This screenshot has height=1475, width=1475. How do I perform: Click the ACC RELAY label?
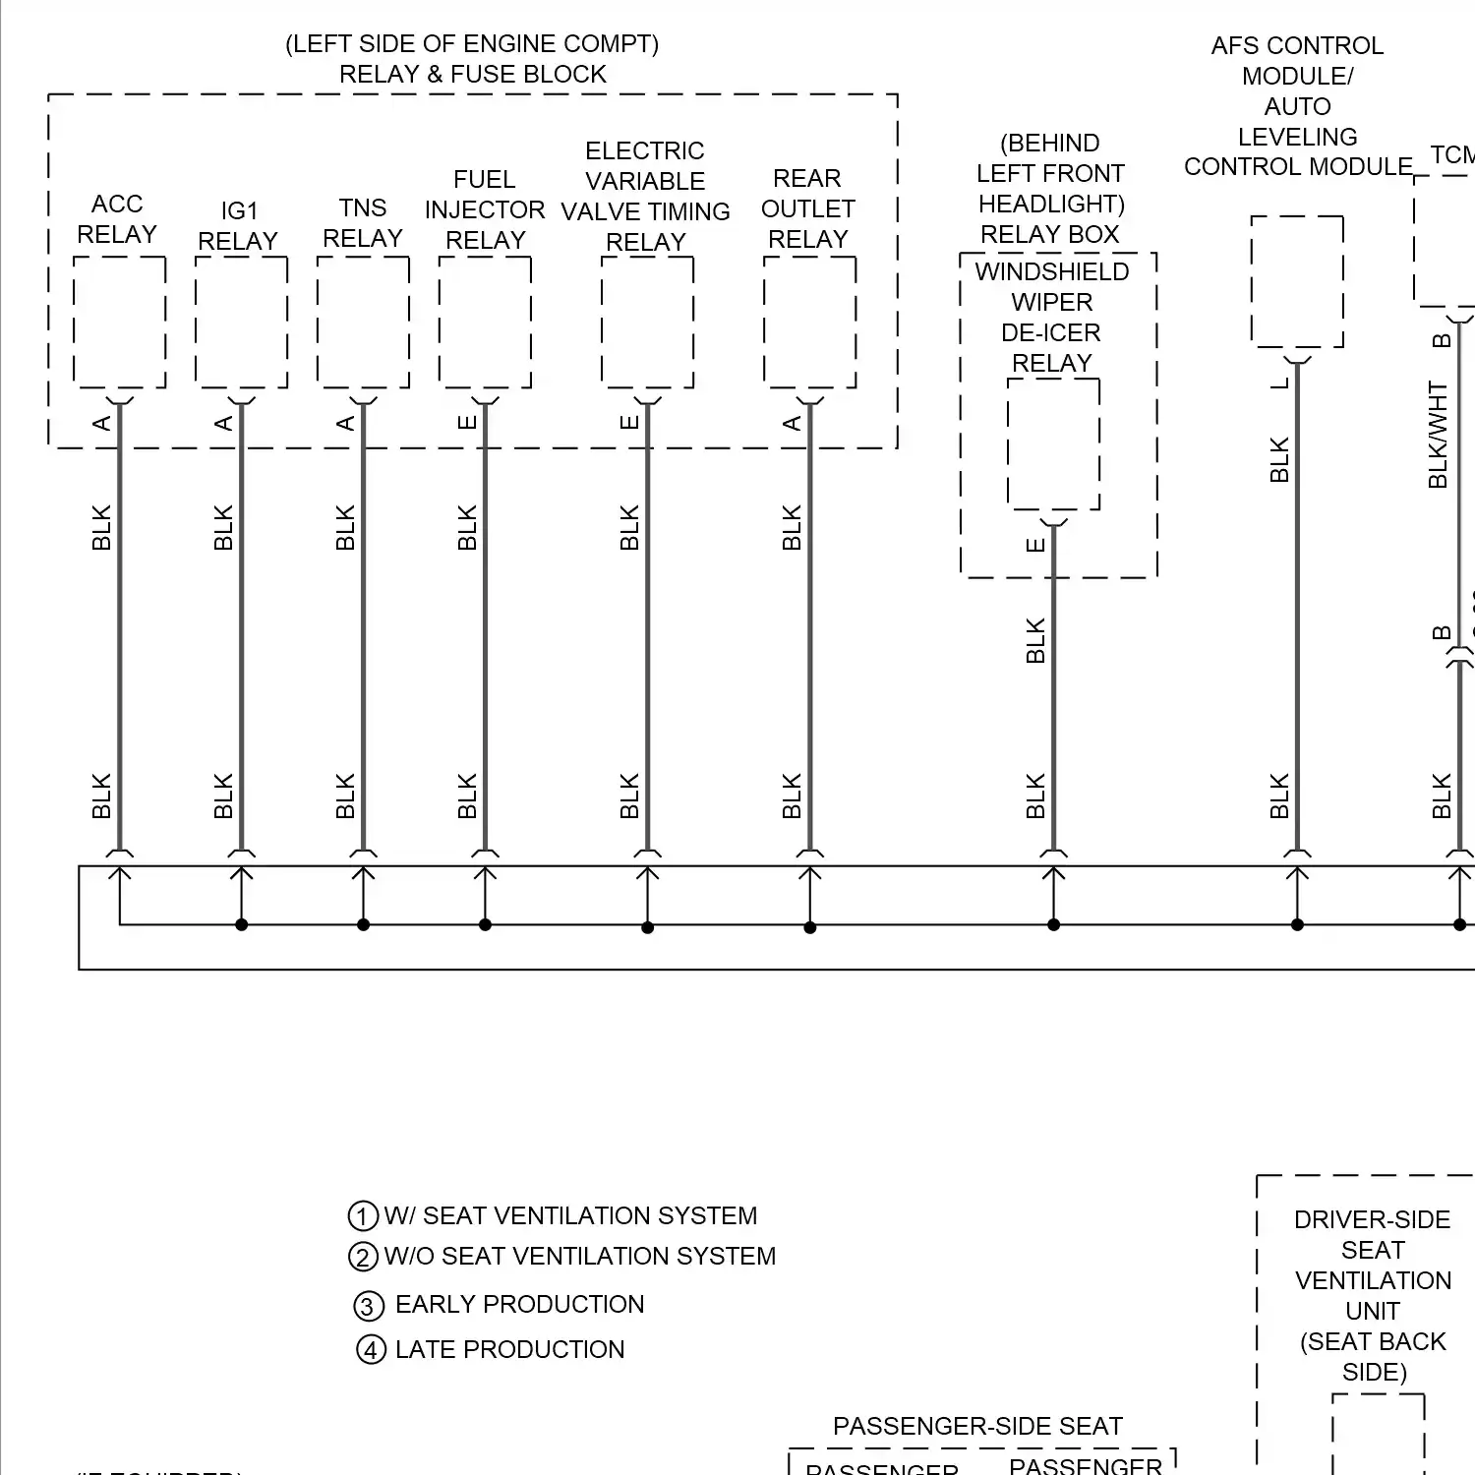[117, 219]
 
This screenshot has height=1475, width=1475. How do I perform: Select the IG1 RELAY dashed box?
[241, 323]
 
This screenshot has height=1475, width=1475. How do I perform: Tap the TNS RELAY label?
[363, 223]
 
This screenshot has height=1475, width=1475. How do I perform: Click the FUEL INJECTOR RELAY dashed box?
[485, 323]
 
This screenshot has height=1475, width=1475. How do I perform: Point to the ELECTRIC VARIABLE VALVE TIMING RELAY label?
[645, 197]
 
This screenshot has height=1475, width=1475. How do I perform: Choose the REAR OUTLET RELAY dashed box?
[809, 323]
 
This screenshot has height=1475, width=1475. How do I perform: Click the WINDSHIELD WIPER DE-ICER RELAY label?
[1052, 317]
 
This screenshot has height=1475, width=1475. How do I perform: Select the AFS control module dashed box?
[1297, 281]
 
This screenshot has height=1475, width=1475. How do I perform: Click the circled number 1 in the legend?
[363, 1216]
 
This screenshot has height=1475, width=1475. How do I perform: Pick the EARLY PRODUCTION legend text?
[519, 1304]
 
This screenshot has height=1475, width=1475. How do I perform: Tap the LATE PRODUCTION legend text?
[509, 1349]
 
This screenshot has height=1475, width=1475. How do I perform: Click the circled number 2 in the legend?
[363, 1257]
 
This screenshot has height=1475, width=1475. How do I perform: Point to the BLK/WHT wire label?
[1438, 435]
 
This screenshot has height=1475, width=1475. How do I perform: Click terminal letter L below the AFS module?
[1279, 383]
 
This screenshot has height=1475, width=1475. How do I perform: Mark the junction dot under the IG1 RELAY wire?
[241, 924]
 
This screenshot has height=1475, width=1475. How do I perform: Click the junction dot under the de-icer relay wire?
[1053, 924]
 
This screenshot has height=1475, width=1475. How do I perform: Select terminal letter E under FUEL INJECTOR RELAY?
[467, 422]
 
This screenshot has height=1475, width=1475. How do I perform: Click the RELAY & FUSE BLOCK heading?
[473, 74]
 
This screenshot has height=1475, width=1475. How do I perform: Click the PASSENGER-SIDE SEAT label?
[977, 1426]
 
